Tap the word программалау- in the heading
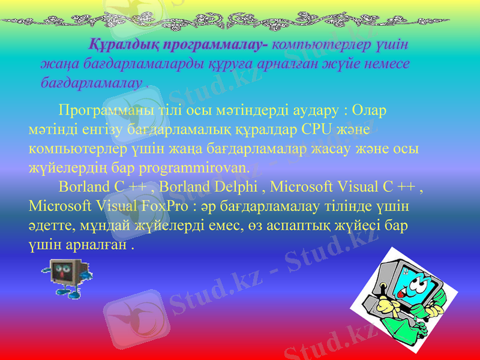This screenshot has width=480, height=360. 216,44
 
